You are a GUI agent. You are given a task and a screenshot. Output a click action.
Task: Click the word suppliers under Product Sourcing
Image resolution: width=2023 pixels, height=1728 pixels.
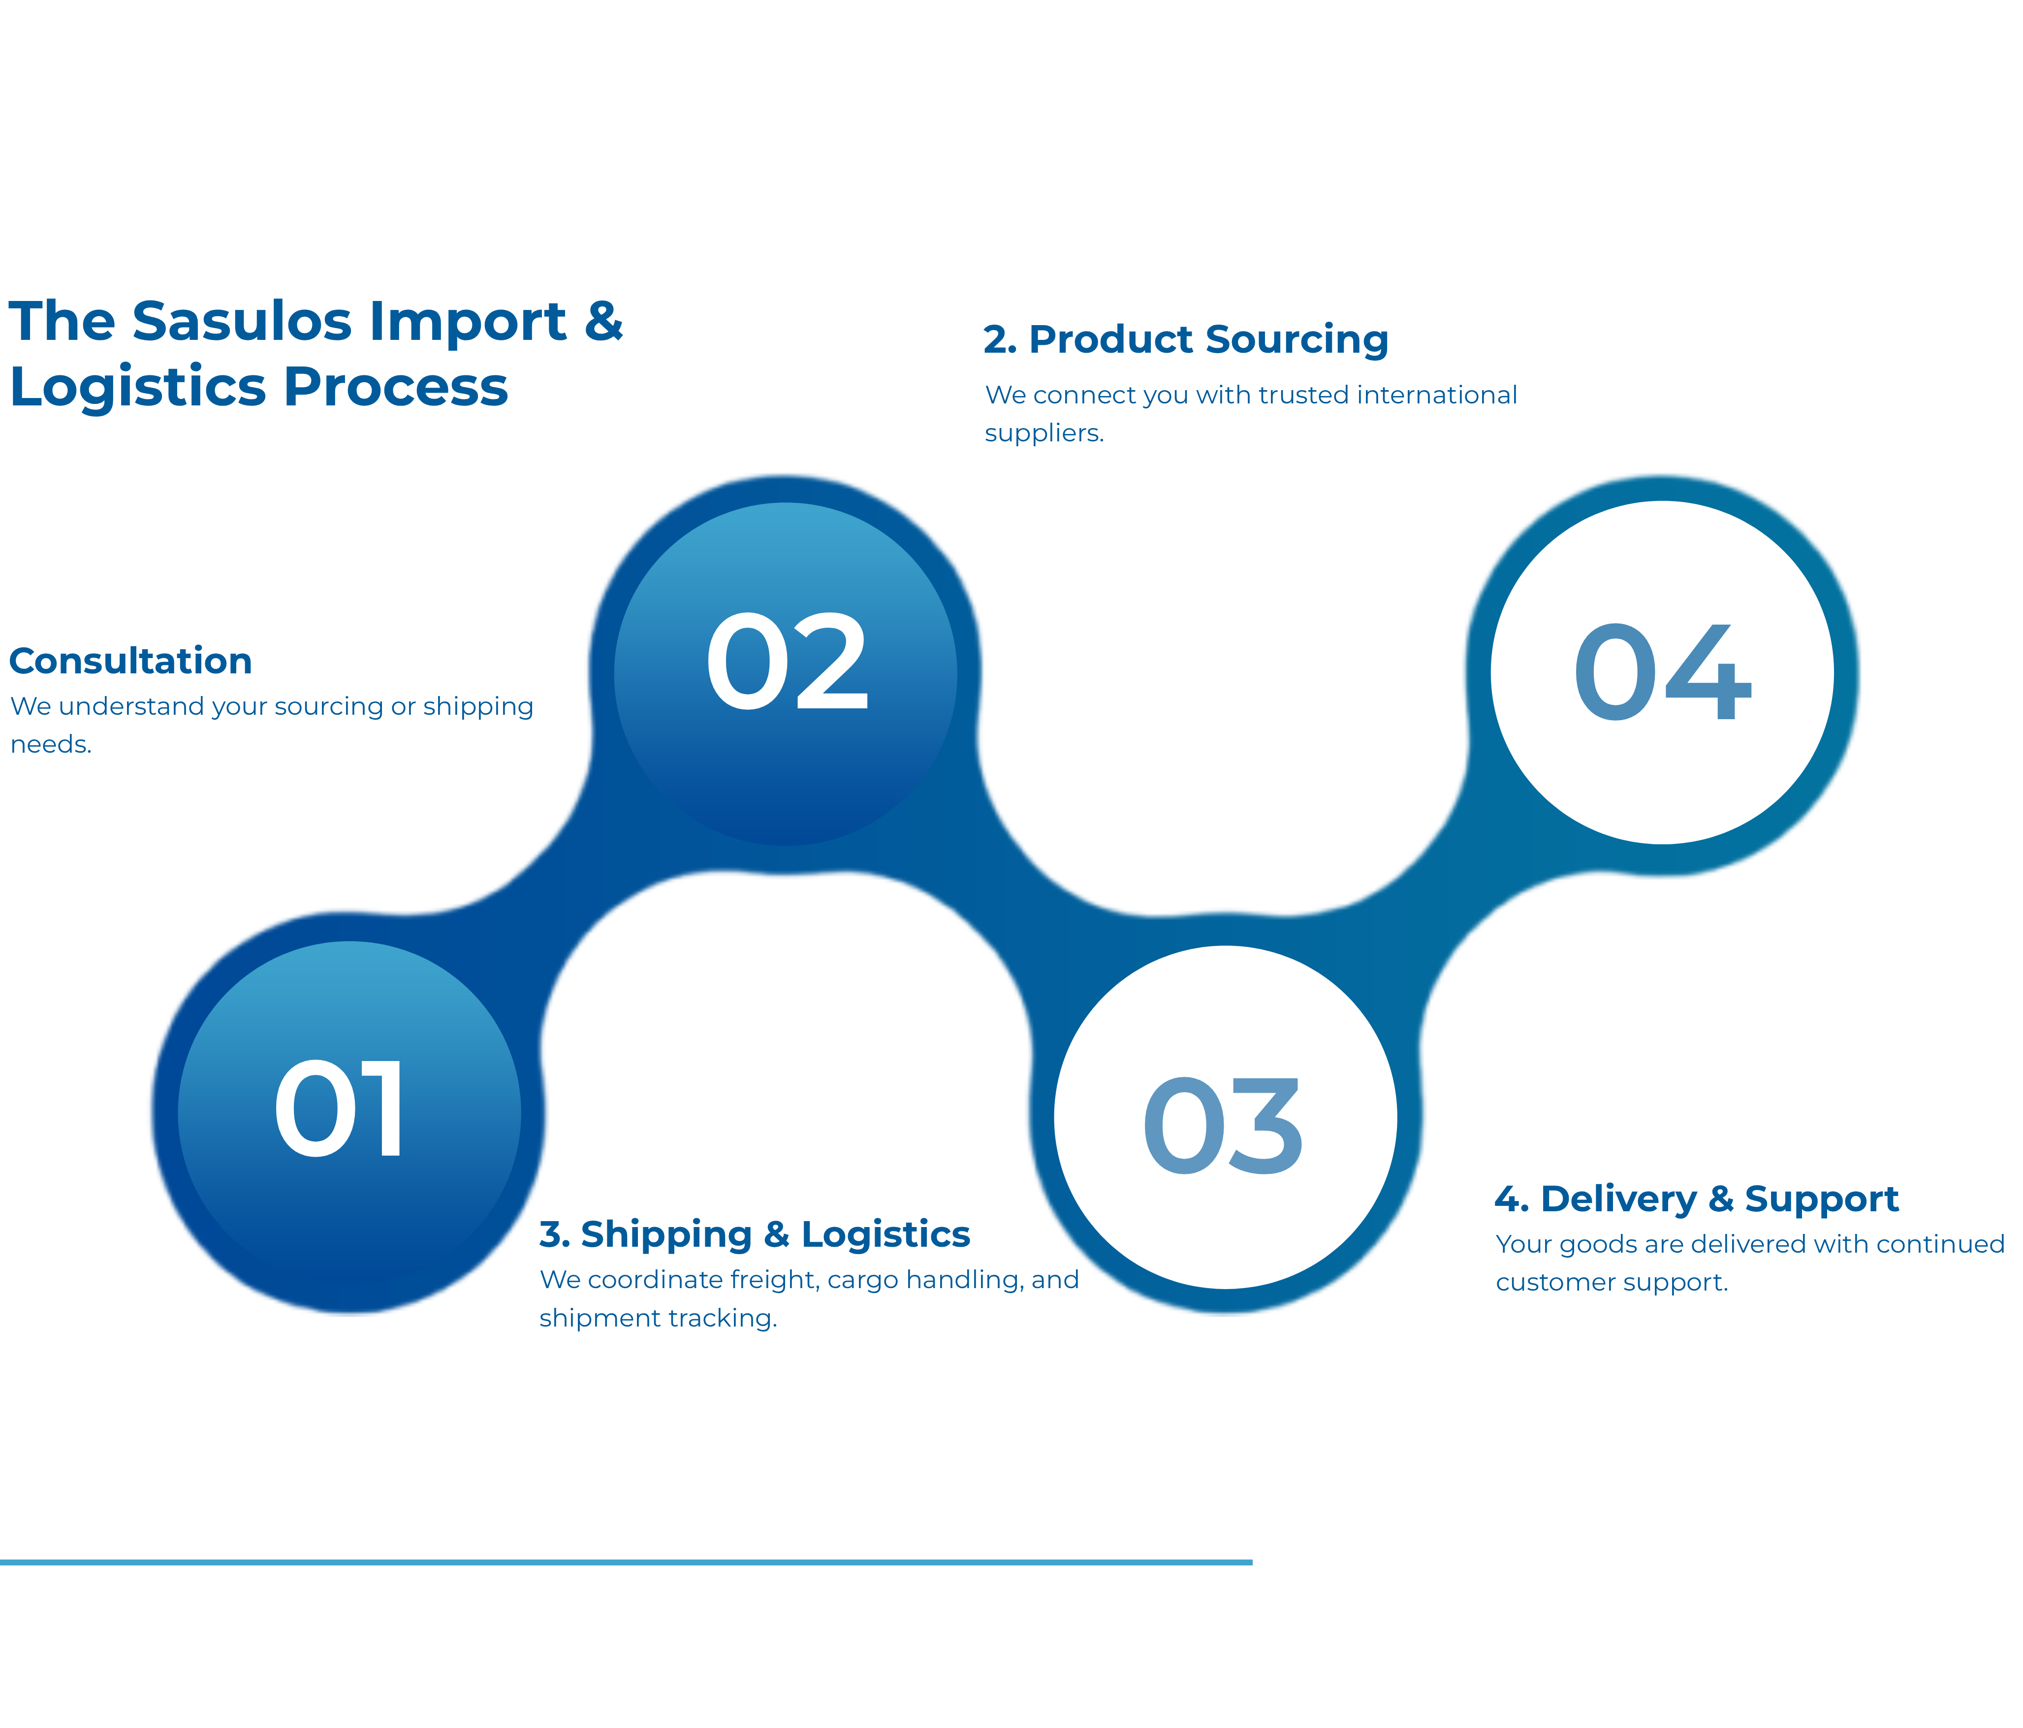tap(1043, 432)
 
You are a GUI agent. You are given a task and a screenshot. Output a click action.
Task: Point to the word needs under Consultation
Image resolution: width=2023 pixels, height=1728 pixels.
tap(51, 744)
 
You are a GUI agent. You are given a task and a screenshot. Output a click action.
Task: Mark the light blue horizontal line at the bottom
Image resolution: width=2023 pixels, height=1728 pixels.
tap(626, 1562)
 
